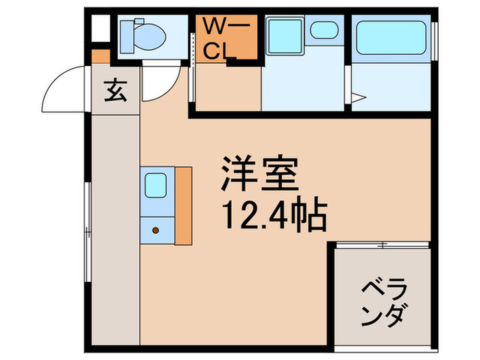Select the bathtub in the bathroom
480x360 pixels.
(390, 38)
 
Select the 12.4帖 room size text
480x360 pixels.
(272, 215)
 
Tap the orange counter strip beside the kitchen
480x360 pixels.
(183, 205)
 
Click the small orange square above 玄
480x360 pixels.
(101, 55)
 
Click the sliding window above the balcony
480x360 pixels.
(382, 243)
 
